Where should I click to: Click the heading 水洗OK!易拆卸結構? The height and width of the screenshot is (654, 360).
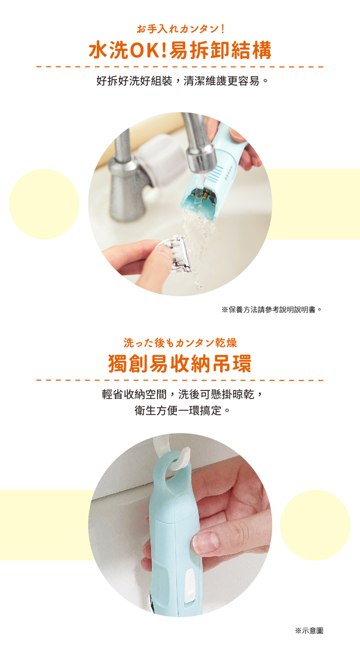click(180, 50)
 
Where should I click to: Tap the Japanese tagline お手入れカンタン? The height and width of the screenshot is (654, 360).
click(181, 29)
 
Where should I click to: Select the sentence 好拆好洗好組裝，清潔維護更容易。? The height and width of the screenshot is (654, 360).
click(182, 81)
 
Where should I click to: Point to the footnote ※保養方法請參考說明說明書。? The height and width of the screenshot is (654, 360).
click(272, 310)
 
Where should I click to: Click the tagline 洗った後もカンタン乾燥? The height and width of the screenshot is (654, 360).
click(180, 343)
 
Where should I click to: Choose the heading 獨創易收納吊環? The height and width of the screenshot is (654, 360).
click(180, 364)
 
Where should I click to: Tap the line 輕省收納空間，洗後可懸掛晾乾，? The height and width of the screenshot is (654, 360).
click(182, 394)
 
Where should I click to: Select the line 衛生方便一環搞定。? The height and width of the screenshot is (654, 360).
click(182, 411)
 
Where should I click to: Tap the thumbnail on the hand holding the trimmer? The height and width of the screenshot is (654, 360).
click(205, 541)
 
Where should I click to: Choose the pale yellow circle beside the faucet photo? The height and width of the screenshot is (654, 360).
click(44, 204)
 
